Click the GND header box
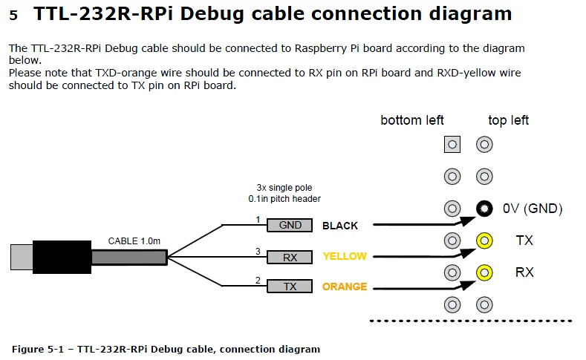(290, 226)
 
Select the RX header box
(290, 257)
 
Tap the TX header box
(290, 287)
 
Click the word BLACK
(339, 226)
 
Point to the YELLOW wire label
(345, 256)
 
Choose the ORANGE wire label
(345, 287)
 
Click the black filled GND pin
(484, 209)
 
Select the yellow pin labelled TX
(484, 240)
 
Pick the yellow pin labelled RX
(484, 272)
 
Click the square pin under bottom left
(452, 145)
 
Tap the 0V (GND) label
(533, 209)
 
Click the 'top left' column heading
(508, 120)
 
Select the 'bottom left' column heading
(412, 120)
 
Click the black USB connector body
(62, 257)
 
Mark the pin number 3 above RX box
(258, 252)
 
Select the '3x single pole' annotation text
(284, 188)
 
